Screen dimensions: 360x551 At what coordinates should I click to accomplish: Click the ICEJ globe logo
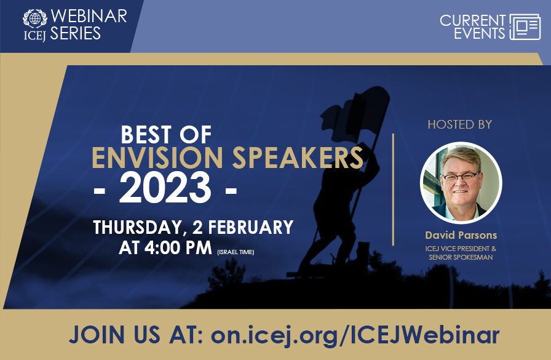click(x=34, y=17)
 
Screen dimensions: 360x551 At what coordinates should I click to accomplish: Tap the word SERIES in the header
click(x=76, y=34)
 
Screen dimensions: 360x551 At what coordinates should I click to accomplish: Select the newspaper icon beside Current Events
click(x=525, y=26)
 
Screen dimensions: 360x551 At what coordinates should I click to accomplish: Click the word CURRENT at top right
click(x=472, y=20)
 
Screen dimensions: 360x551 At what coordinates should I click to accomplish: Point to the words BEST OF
click(x=166, y=135)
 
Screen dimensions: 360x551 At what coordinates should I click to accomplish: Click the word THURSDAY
click(x=137, y=227)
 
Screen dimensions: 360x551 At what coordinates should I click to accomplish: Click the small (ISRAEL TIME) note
click(x=236, y=252)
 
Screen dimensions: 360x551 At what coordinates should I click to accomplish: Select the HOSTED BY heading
click(x=460, y=125)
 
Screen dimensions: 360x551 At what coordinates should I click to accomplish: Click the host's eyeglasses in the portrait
click(x=461, y=176)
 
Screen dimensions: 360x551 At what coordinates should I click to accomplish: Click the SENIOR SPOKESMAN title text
click(x=461, y=257)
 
